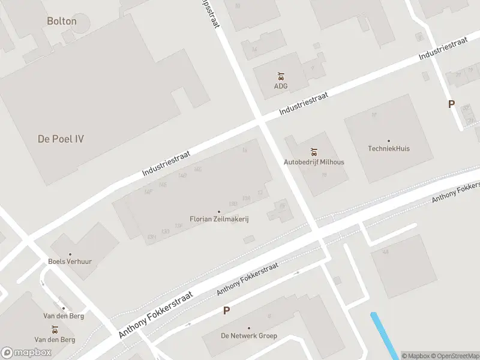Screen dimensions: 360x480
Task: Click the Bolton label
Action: [x=62, y=21]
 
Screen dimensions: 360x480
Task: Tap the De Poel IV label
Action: [x=61, y=139]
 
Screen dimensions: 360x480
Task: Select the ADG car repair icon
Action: [x=281, y=76]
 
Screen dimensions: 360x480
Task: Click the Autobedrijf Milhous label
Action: [x=314, y=162]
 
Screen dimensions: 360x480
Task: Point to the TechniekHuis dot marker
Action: [x=389, y=140]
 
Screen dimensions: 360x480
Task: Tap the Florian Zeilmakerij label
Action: [x=219, y=220]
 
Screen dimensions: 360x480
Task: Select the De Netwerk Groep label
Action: [x=248, y=336]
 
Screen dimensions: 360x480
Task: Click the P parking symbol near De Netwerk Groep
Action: [x=226, y=311]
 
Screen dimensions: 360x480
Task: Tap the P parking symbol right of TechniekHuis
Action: [x=451, y=104]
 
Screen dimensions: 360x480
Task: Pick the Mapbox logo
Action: [x=26, y=353]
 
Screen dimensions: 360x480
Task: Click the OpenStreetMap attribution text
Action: [x=455, y=356]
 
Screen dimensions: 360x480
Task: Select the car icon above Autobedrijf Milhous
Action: [x=314, y=152]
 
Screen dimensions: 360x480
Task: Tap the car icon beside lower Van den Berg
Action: [x=55, y=329]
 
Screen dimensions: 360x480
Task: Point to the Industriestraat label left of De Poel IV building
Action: [x=166, y=164]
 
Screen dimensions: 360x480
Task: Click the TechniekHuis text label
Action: [x=389, y=149]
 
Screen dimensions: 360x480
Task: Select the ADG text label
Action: [x=281, y=86]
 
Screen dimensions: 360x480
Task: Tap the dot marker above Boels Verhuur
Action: [x=70, y=254]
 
